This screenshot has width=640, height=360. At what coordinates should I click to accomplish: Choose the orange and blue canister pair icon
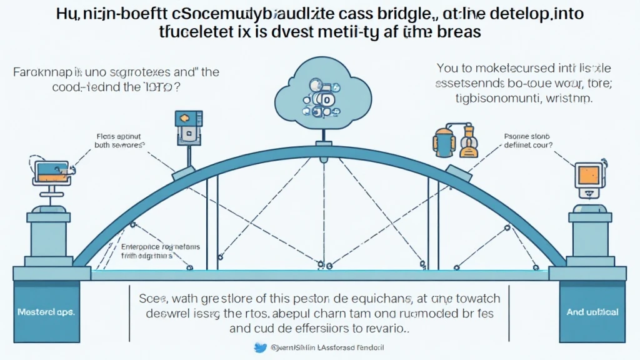tap(454, 139)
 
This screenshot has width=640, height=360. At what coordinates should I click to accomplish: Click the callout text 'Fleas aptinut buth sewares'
tap(119, 139)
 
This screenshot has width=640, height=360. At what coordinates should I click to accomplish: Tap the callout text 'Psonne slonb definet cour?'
tap(524, 139)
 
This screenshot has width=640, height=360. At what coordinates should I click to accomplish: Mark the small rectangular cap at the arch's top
tap(323, 145)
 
